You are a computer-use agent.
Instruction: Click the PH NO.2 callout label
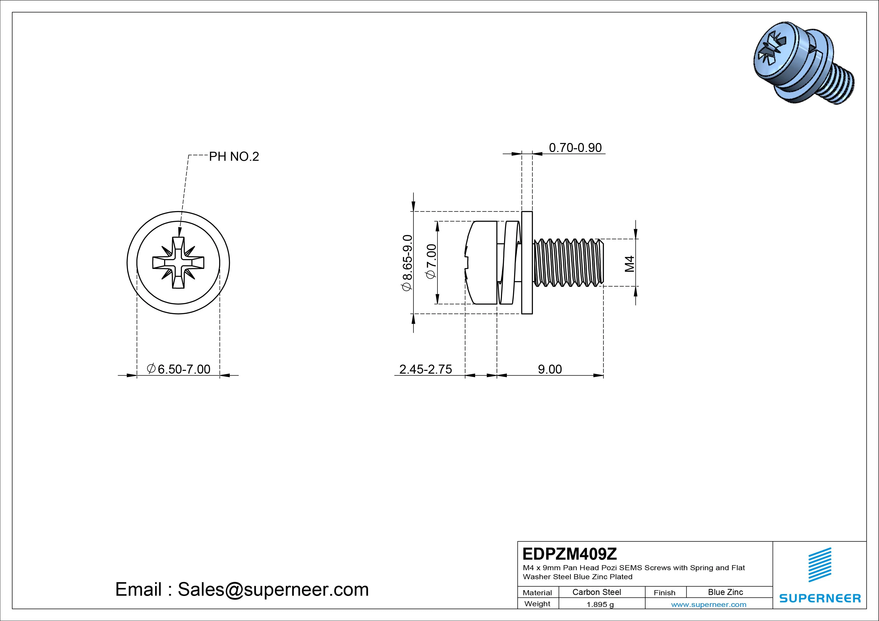234,157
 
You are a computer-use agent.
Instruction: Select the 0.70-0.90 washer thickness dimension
575,148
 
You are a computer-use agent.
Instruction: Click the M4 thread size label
630,264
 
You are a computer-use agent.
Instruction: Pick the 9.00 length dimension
550,369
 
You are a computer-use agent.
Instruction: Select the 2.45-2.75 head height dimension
425,369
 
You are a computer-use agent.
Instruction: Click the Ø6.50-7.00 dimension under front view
179,369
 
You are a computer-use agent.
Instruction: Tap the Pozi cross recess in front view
178,262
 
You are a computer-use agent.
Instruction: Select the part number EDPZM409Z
569,554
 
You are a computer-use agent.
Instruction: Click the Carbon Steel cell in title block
596,592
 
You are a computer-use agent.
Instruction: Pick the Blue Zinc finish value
725,592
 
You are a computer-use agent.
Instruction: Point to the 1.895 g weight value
600,604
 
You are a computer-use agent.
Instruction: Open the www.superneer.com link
709,604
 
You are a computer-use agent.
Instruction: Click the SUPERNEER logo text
820,598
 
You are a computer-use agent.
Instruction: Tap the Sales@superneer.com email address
273,590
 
